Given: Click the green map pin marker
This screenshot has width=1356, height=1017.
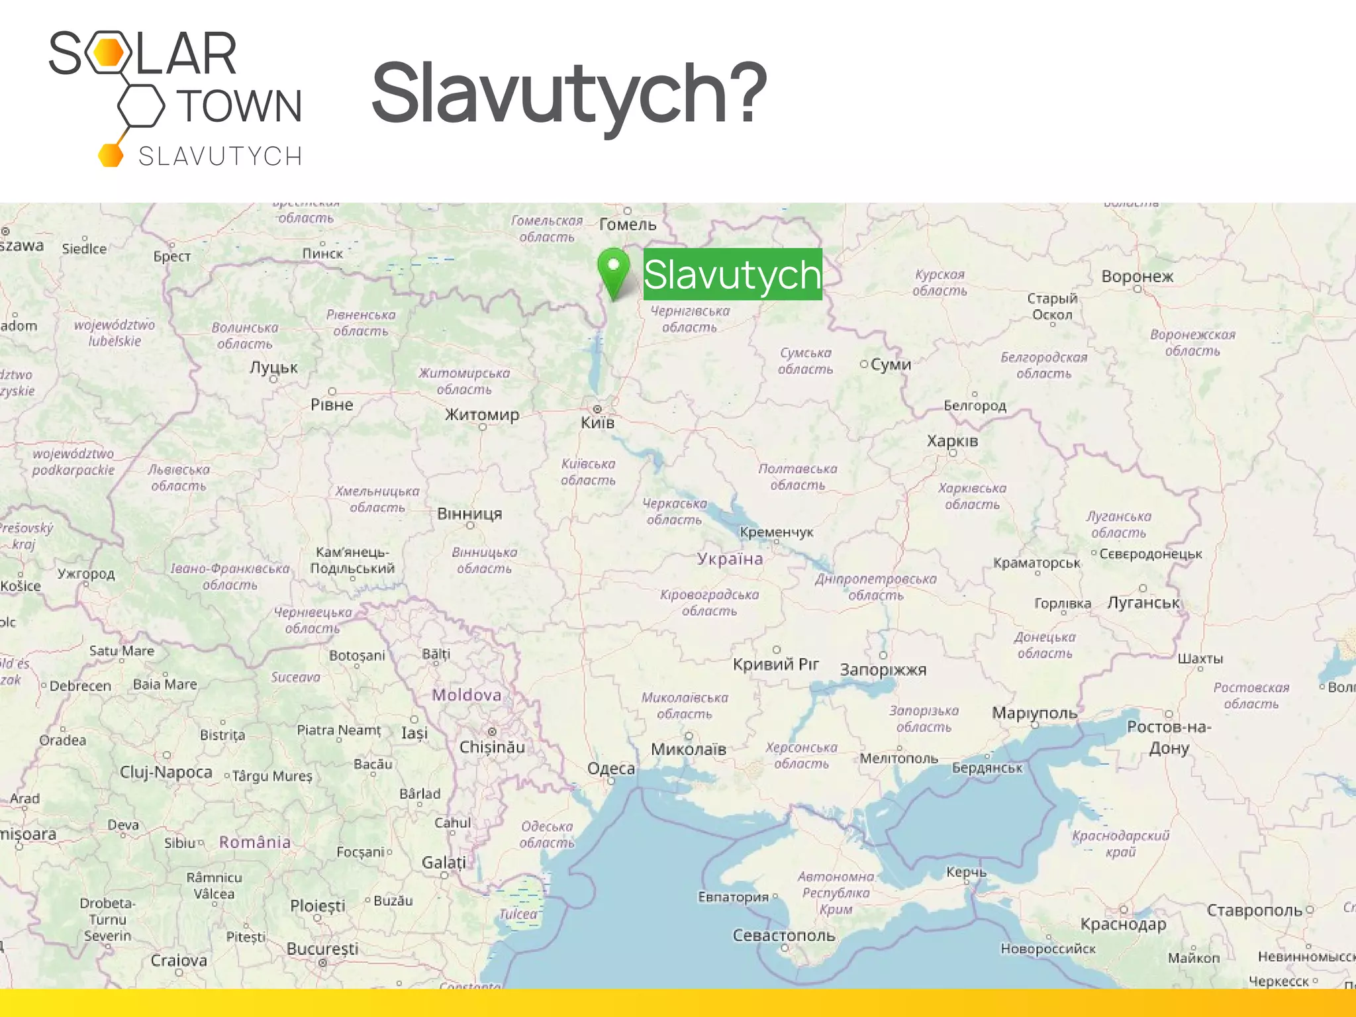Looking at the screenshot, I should pos(613,271).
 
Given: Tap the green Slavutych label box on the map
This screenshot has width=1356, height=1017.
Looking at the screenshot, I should pos(732,274).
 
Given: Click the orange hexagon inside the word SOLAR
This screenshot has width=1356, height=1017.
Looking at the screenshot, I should pos(108,53).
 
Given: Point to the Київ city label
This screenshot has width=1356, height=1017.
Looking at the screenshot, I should pos(597,422).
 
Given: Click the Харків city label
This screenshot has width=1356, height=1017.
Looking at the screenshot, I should pos(952,441).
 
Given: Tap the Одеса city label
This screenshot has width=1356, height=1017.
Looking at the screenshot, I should pos(610,768).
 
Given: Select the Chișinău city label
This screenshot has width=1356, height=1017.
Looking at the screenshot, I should pos(492,747).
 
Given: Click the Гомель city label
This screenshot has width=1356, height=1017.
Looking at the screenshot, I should pos(628,224).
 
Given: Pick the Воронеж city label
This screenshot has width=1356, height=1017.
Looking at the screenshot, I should pos(1137,276).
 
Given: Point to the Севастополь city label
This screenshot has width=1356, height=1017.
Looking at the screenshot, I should pos(783,935).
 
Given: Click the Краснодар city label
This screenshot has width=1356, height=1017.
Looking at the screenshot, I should pos(1123,924).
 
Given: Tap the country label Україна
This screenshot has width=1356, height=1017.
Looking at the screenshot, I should pos(730,559).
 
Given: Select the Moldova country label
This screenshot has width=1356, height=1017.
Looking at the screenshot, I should pos(467,695).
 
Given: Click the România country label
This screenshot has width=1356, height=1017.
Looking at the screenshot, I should pos(255,842).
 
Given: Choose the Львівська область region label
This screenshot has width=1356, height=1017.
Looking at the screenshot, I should pos(178,477).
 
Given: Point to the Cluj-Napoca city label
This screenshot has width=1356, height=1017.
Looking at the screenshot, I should pos(166,772).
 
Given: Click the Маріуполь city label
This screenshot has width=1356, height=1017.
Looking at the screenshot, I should pos(1034,713).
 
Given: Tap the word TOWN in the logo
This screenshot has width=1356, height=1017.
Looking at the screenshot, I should pos(240,106).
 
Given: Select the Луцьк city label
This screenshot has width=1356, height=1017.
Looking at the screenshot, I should pos(273,367).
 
